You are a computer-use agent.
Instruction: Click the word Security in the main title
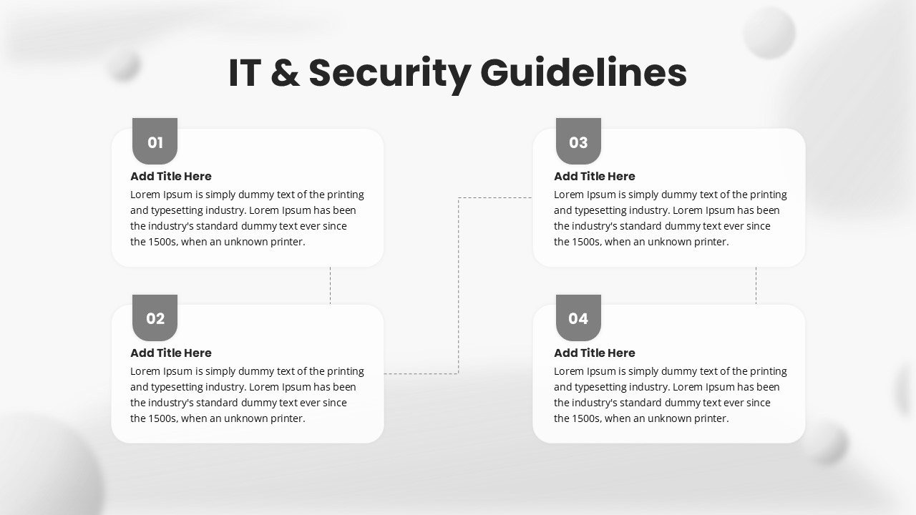(x=390, y=74)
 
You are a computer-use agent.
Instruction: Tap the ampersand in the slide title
(x=285, y=73)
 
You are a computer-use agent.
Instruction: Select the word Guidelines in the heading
(x=583, y=73)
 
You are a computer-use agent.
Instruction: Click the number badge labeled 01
(x=155, y=141)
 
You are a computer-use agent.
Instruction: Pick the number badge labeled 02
(x=155, y=318)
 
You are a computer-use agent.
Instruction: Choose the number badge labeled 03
(x=578, y=141)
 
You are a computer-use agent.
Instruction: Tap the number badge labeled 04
(x=578, y=318)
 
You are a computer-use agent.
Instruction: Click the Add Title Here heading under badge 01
(x=171, y=176)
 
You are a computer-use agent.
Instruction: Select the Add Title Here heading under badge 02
(x=171, y=353)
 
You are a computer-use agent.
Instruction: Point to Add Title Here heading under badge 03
(x=595, y=176)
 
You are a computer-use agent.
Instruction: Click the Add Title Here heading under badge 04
(x=595, y=353)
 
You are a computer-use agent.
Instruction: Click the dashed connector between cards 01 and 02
(x=331, y=285)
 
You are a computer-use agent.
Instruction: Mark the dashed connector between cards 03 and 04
(x=756, y=285)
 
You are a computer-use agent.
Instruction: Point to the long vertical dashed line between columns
(x=459, y=285)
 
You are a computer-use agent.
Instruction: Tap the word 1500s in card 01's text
(x=162, y=242)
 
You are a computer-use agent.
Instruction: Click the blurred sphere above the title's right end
(x=769, y=32)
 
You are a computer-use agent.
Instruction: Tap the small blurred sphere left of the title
(x=124, y=65)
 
